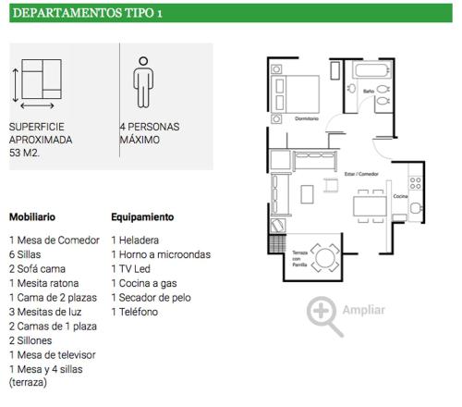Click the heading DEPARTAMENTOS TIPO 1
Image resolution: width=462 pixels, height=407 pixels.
pyautogui.click(x=88, y=13)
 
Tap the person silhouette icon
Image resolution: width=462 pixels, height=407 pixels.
pyautogui.click(x=143, y=82)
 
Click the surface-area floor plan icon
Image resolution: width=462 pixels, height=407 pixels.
pyautogui.click(x=38, y=84)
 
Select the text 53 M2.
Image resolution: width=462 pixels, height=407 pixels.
pyautogui.click(x=24, y=153)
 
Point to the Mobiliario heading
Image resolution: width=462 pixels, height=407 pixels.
pyautogui.click(x=32, y=217)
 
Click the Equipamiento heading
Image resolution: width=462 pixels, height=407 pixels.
pyautogui.click(x=142, y=217)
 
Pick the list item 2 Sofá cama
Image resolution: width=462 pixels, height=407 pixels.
pyautogui.click(x=37, y=269)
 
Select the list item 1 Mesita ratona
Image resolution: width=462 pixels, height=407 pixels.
pyautogui.click(x=44, y=283)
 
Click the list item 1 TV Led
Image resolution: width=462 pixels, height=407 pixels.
pyautogui.click(x=131, y=269)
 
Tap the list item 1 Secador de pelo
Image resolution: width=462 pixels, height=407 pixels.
pyautogui.click(x=152, y=298)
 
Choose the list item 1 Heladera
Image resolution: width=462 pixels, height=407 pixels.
pyautogui.click(x=135, y=240)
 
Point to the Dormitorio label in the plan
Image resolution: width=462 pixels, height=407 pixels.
pyautogui.click(x=307, y=118)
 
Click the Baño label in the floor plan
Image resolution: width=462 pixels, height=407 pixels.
pyautogui.click(x=369, y=92)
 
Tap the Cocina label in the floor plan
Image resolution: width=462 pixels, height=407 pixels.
pyautogui.click(x=400, y=196)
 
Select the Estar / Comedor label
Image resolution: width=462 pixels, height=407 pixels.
pyautogui.click(x=361, y=174)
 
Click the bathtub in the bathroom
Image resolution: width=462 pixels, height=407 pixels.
pyautogui.click(x=371, y=70)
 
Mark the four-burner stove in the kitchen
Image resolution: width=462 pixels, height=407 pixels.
pyautogui.click(x=415, y=183)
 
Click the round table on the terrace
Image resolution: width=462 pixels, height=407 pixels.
pyautogui.click(x=325, y=258)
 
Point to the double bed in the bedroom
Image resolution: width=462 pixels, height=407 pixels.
pyautogui.click(x=295, y=94)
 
